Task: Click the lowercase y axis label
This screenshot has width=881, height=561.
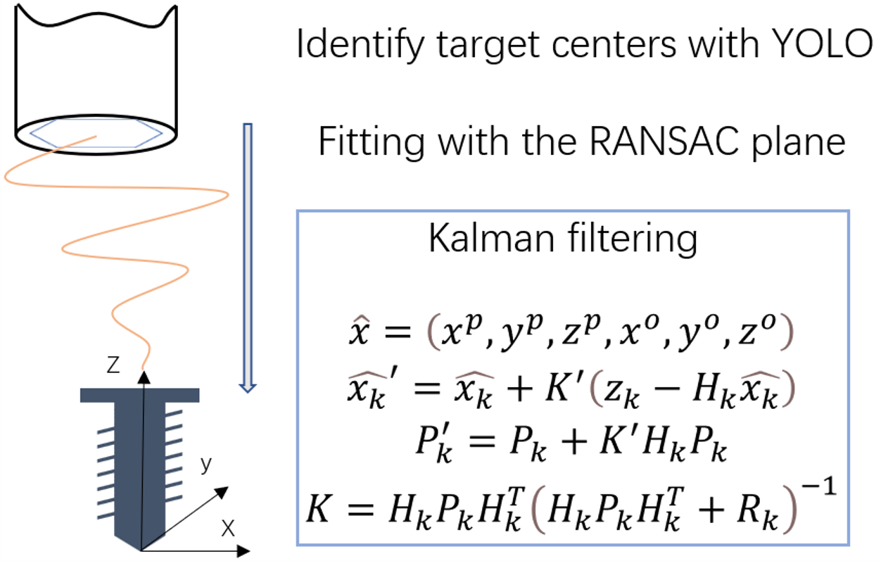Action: [x=205, y=465]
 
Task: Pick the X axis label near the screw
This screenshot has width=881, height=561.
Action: [x=227, y=529]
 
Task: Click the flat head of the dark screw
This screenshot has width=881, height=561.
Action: [x=141, y=395]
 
